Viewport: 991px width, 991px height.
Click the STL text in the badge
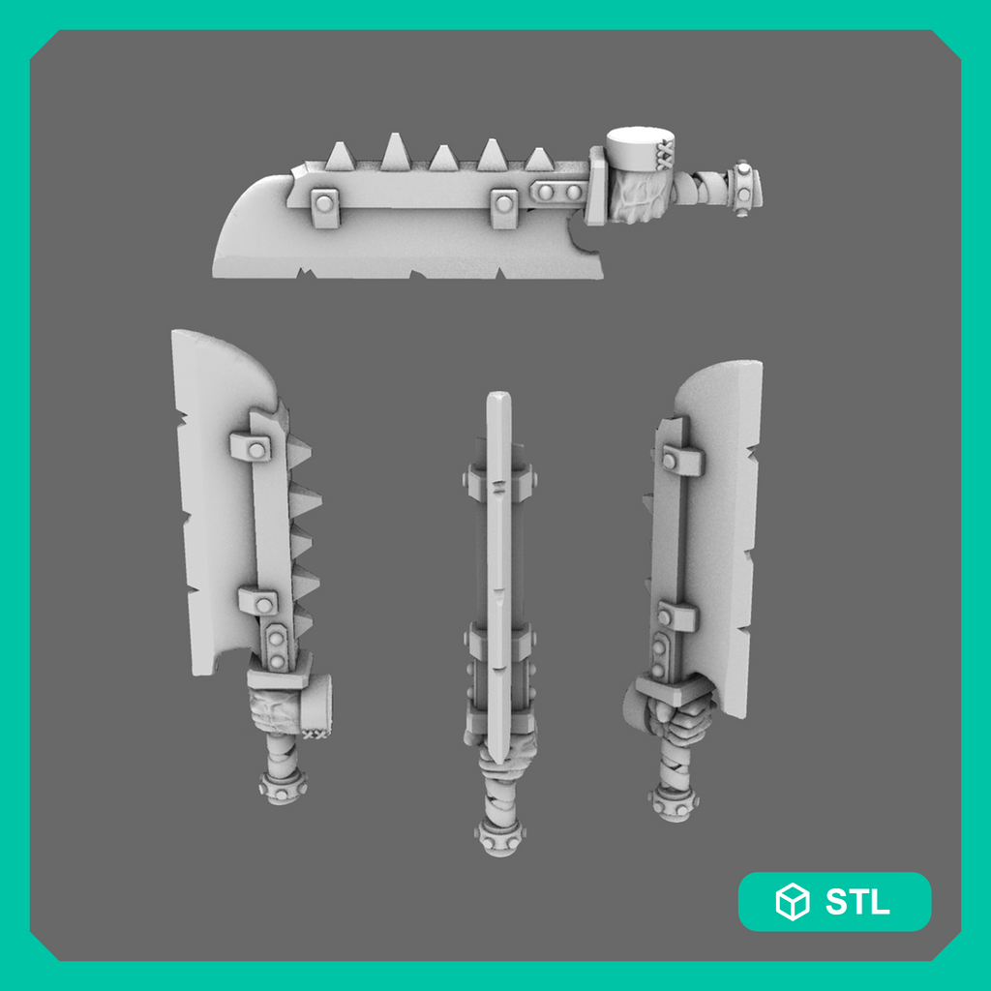pyautogui.click(x=857, y=901)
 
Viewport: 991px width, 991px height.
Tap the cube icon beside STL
pyautogui.click(x=792, y=901)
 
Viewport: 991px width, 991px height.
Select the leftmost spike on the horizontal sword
pyautogui.click(x=340, y=156)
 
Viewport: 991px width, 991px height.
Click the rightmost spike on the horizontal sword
pyautogui.click(x=539, y=159)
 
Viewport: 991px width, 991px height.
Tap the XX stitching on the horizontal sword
pyautogui.click(x=666, y=156)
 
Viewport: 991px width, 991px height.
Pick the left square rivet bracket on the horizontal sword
pyautogui.click(x=325, y=207)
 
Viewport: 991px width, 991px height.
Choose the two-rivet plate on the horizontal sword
pyautogui.click(x=559, y=192)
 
